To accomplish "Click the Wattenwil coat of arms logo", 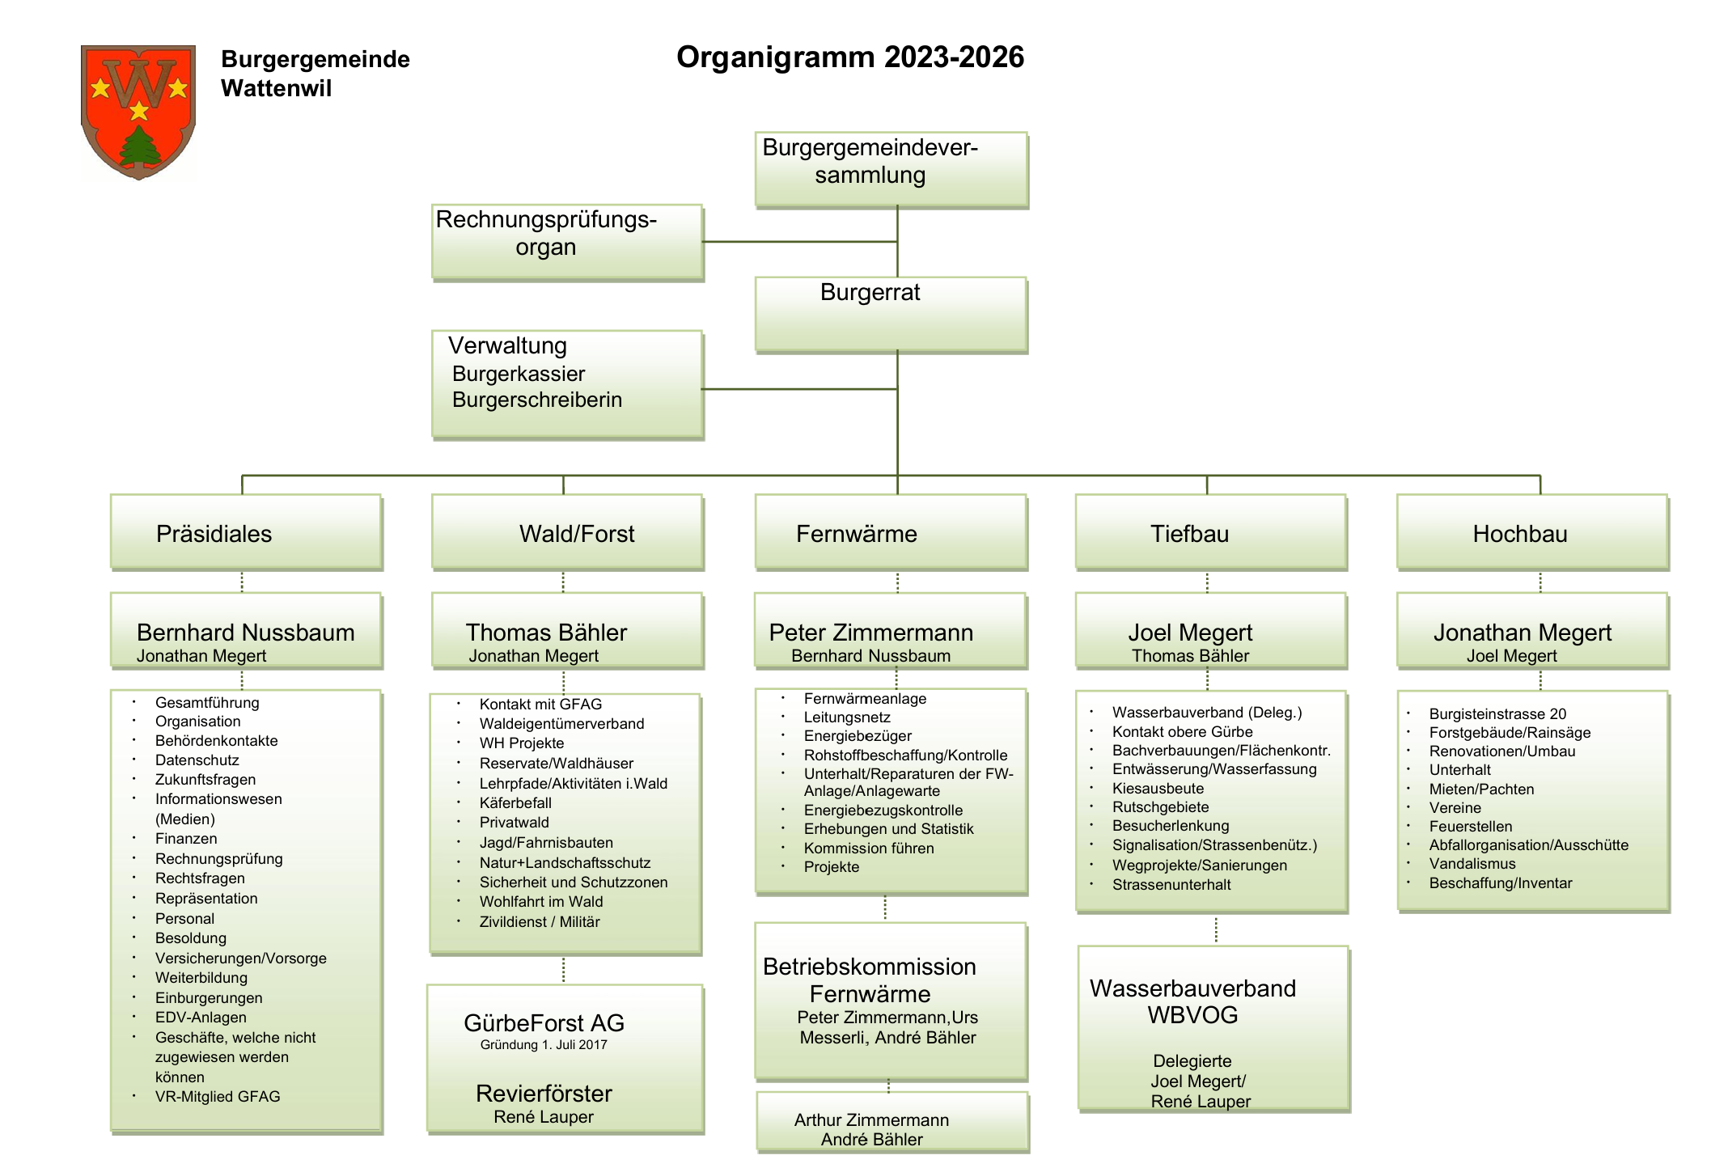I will coord(138,111).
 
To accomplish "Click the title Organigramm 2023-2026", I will coord(850,57).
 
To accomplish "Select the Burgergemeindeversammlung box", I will coord(891,169).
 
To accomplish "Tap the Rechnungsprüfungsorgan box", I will coord(566,242).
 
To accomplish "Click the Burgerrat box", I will coord(891,314).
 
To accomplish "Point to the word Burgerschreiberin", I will coord(537,400).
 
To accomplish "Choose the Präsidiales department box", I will coord(246,532).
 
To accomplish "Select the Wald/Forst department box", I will coord(567,532).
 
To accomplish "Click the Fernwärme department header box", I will coord(891,532).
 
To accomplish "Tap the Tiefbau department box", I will coord(1210,532).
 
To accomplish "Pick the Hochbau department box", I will coord(1532,532).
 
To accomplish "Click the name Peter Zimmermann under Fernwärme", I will coord(870,633).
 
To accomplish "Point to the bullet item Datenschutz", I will coord(197,760).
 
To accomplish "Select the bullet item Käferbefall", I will coord(515,803).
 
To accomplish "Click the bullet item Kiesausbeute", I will coord(1158,789).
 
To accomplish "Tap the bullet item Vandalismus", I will coord(1472,864).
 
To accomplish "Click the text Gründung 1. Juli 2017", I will coord(544,1045).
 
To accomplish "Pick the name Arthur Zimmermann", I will coord(871,1120).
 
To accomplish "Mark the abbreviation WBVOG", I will coord(1192,1016).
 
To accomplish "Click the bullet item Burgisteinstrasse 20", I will coord(1497,714).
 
